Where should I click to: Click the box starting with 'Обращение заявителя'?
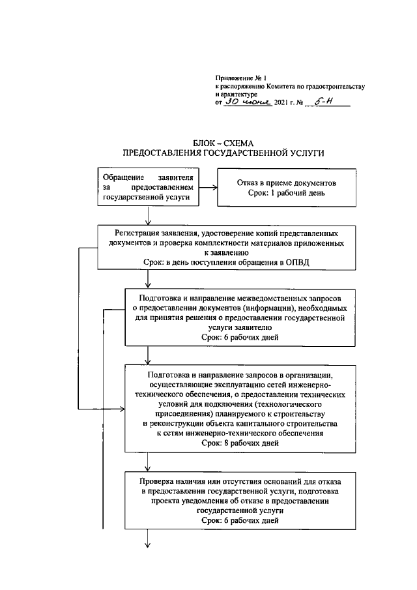tap(149, 186)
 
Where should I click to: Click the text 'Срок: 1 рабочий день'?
tap(286, 193)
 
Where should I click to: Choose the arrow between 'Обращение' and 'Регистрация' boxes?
tap(149, 216)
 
